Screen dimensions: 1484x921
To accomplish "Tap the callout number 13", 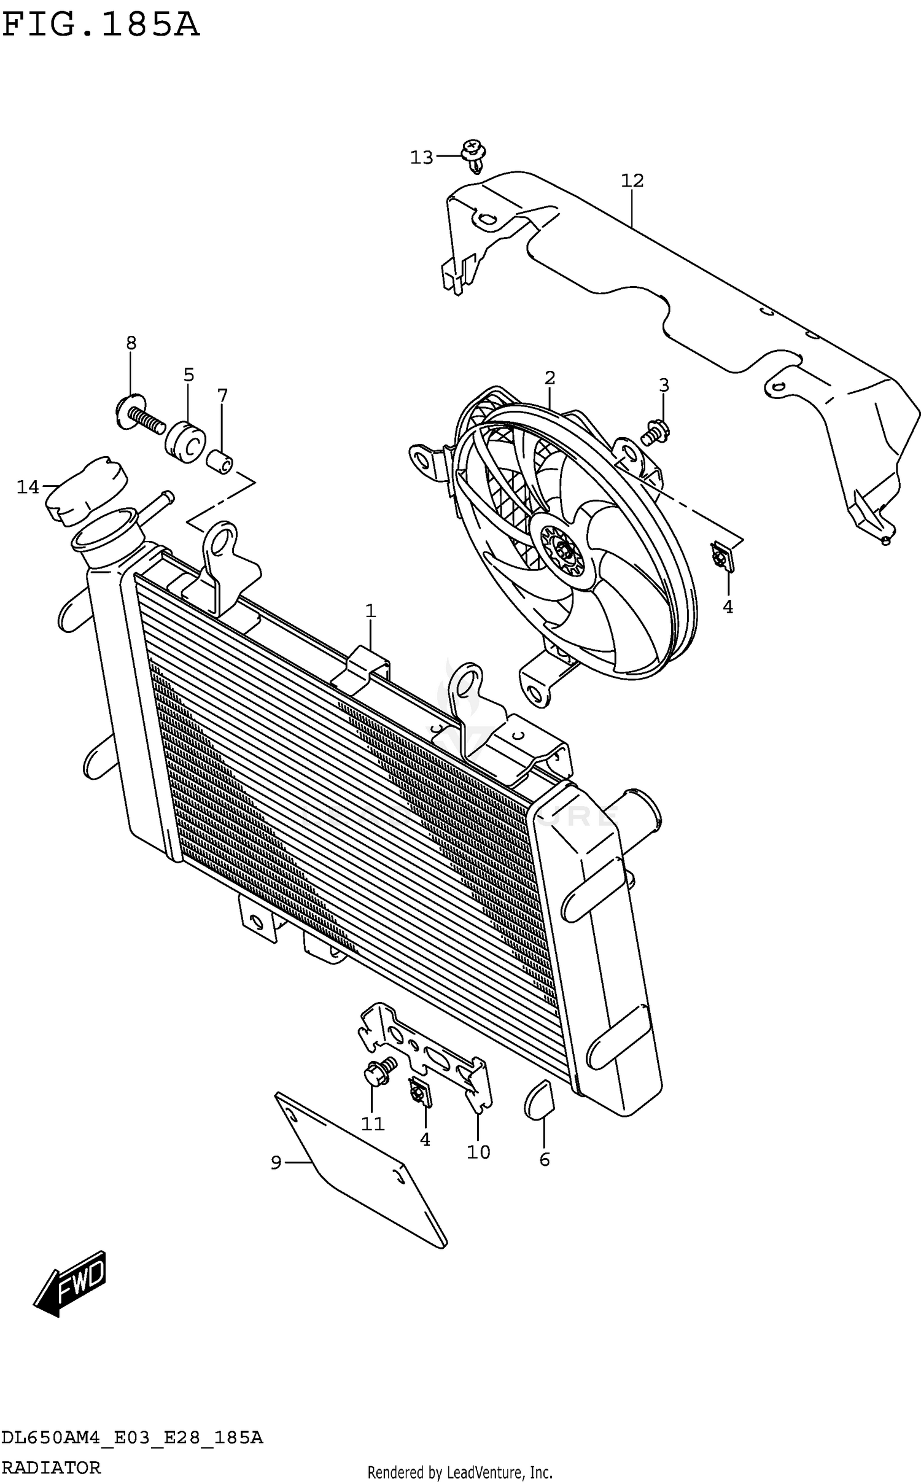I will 421,158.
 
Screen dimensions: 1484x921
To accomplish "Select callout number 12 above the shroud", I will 632,181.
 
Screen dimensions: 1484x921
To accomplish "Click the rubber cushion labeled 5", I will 185,441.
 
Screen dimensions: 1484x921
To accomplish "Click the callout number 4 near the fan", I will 728,607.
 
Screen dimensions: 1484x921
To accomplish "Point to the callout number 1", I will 370,611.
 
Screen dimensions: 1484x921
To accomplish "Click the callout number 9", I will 276,1162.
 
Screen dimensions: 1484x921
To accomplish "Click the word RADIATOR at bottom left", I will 50,1468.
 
